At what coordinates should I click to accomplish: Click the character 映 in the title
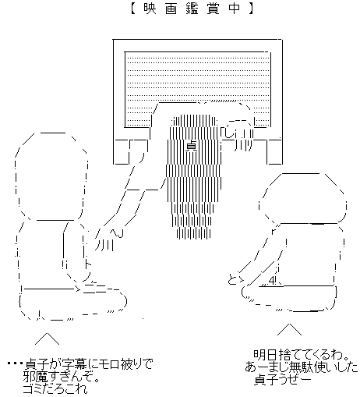[150, 9]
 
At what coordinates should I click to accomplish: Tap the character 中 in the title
[235, 9]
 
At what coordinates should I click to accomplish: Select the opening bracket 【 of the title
[133, 9]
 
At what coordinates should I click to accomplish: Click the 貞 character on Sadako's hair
[192, 147]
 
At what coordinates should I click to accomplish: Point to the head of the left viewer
[51, 177]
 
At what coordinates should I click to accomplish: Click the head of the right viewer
[302, 198]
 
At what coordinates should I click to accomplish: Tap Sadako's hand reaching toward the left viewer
[107, 239]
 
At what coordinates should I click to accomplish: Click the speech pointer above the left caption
[47, 339]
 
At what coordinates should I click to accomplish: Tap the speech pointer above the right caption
[290, 329]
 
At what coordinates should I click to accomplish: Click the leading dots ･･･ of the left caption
[16, 363]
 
